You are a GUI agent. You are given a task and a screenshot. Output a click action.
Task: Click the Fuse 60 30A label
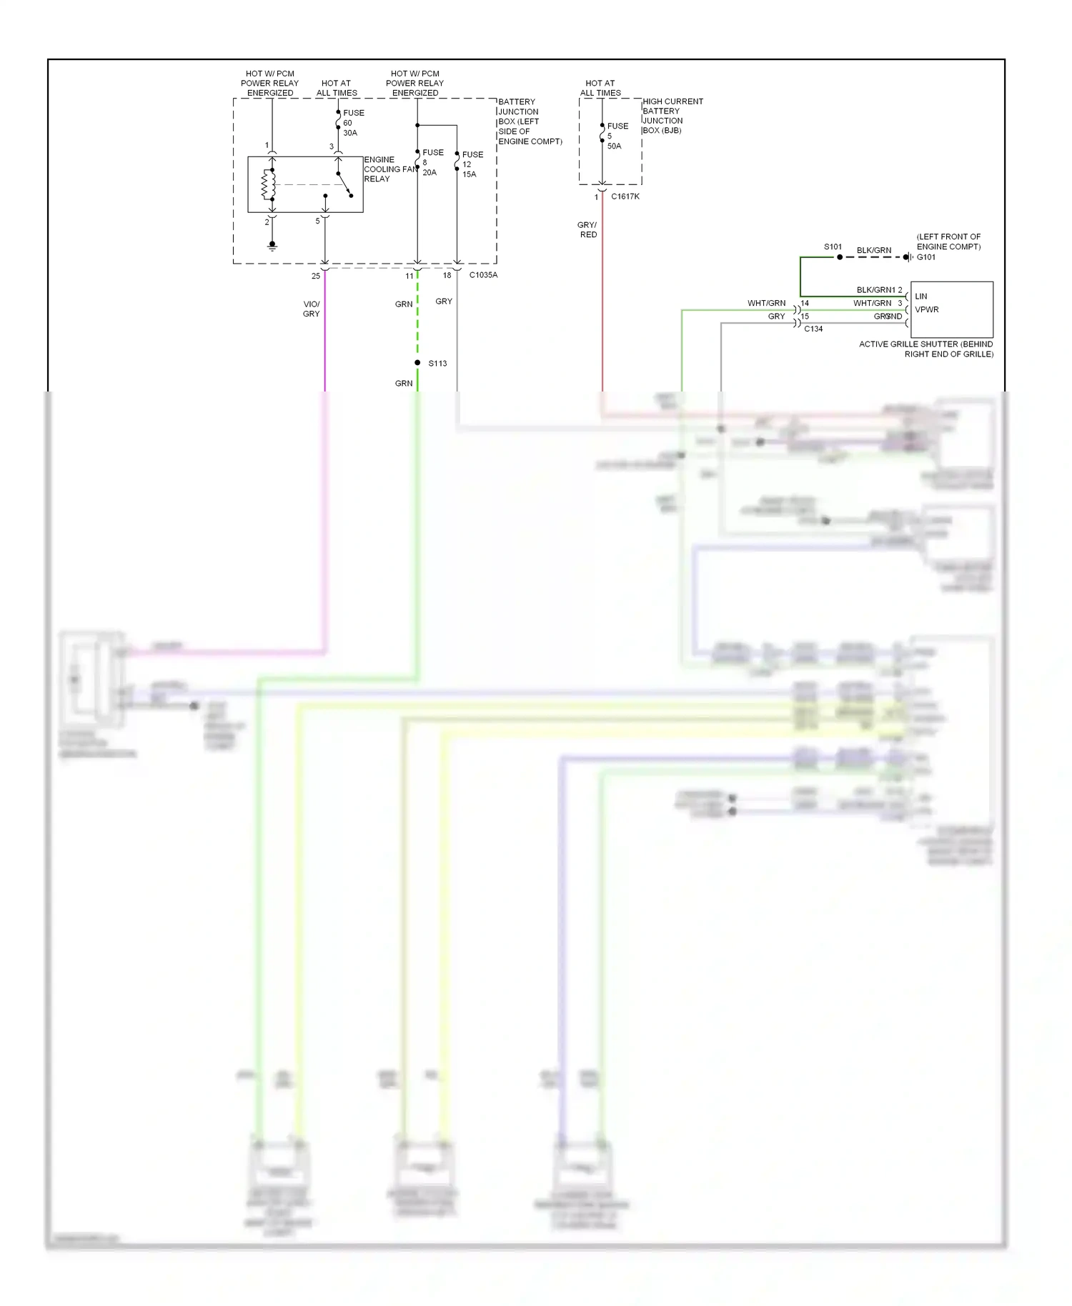tap(352, 123)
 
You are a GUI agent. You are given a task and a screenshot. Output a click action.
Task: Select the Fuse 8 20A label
tap(432, 162)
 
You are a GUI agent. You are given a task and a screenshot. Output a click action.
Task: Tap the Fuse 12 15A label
tap(472, 164)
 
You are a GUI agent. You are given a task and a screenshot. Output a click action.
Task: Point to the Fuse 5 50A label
tap(617, 136)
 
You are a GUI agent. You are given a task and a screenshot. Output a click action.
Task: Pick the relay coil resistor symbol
tap(268, 184)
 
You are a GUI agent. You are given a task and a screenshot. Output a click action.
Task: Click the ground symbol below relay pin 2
tap(272, 246)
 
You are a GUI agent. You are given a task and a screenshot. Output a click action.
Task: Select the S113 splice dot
tap(417, 363)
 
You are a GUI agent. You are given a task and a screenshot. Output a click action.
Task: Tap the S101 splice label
tap(833, 247)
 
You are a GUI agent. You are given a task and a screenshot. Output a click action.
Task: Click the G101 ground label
tap(925, 257)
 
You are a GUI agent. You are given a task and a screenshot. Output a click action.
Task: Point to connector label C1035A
tap(483, 275)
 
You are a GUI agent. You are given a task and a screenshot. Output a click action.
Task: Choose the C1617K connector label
tap(625, 196)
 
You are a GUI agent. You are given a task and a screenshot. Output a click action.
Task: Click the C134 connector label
tap(813, 329)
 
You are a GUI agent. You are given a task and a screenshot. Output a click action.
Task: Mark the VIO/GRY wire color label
tap(311, 309)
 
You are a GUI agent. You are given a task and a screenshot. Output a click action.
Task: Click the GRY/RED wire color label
tap(587, 229)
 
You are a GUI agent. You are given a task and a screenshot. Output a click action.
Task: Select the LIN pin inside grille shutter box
tap(920, 296)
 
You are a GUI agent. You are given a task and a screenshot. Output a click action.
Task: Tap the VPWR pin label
tap(926, 310)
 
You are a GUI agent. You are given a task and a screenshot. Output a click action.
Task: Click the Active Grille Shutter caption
tap(926, 349)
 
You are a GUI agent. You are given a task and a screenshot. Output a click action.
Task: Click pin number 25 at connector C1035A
tap(315, 276)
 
